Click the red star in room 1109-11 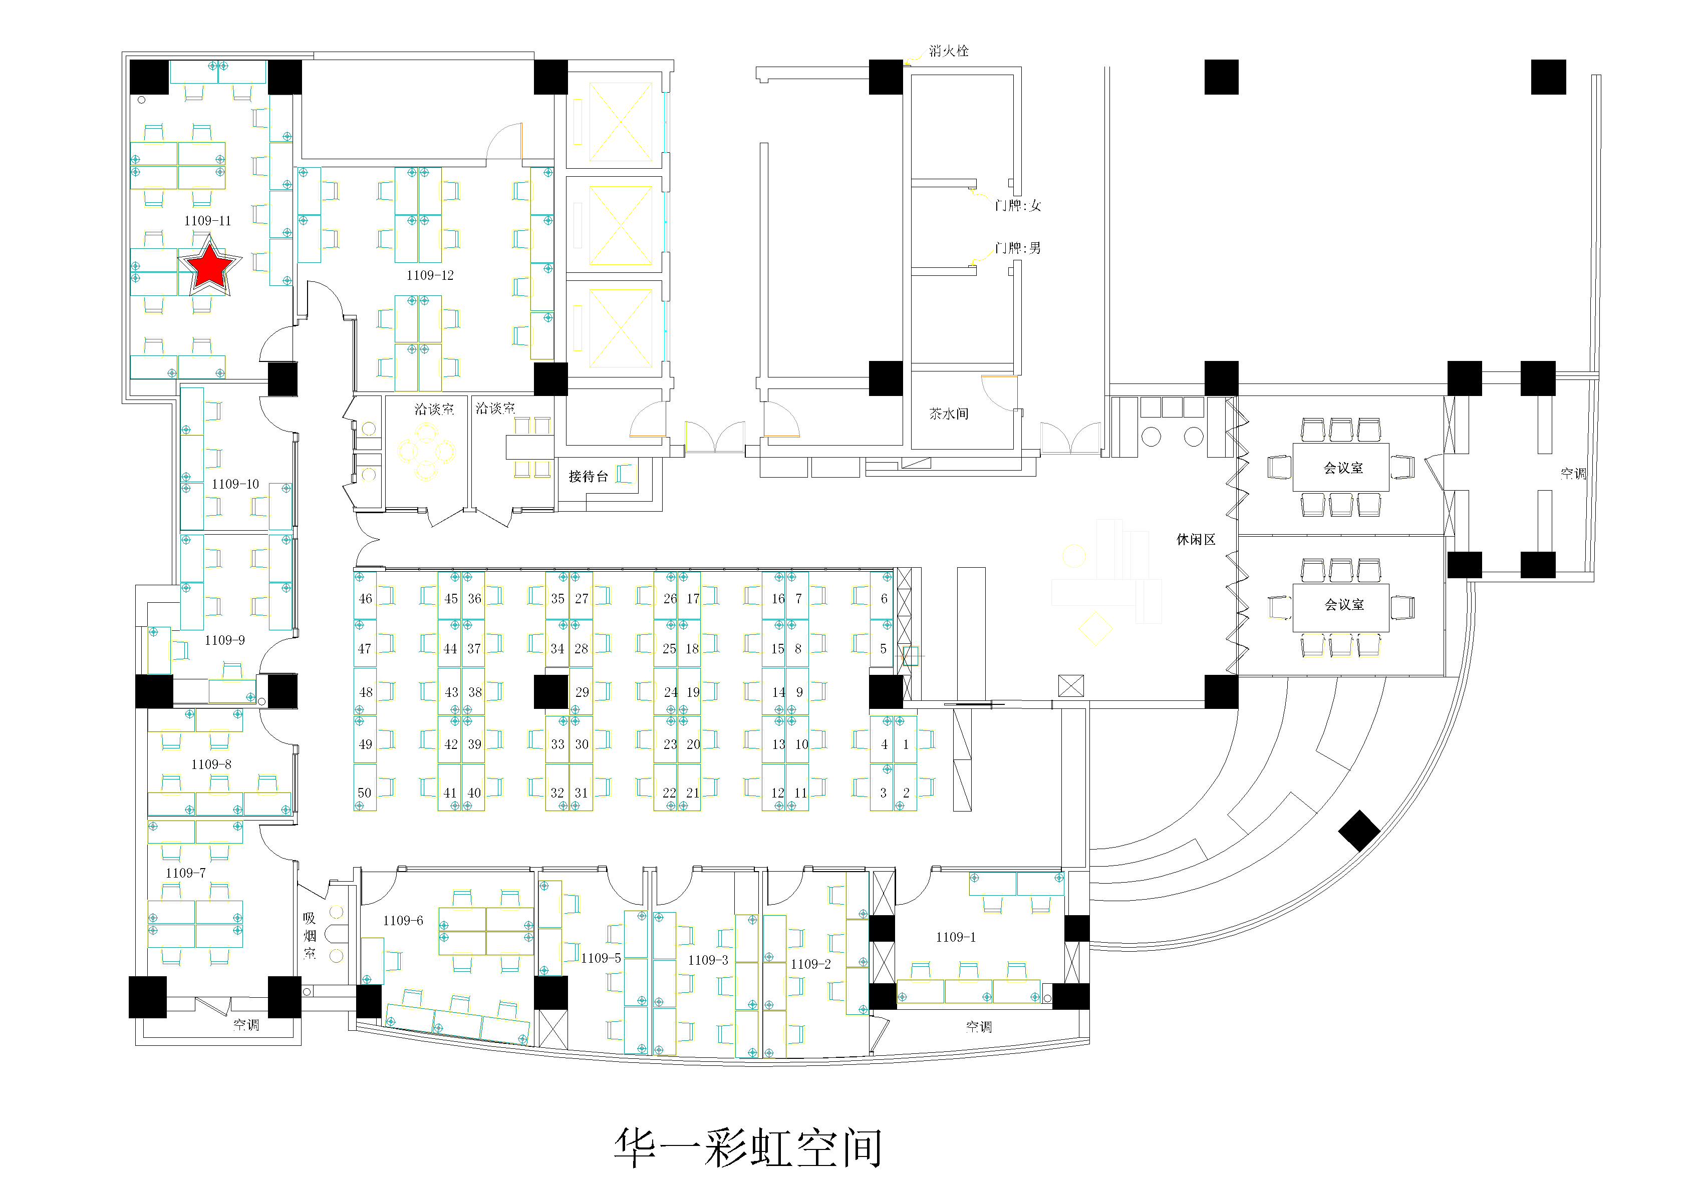point(210,266)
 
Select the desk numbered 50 point(365,793)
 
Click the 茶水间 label point(949,414)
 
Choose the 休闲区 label point(1196,540)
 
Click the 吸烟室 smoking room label point(310,936)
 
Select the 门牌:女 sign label point(1018,206)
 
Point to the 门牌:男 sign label point(1018,248)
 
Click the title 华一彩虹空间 point(748,1147)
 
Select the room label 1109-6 point(403,921)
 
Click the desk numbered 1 point(906,744)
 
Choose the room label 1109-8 point(211,764)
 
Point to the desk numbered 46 point(365,599)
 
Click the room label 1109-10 point(235,484)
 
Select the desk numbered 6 point(884,599)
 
